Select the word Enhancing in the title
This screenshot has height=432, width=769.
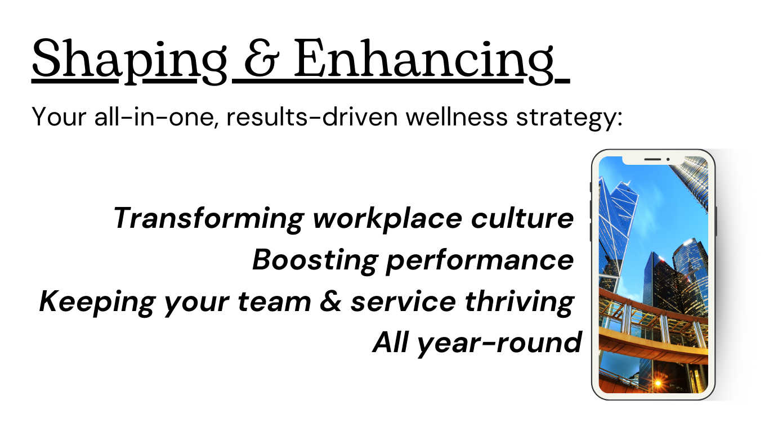coord(424,61)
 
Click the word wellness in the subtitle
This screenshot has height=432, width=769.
coord(456,117)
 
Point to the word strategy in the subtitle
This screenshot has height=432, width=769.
coord(569,119)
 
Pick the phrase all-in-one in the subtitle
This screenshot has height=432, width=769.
coord(156,117)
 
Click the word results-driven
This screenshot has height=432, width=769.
coord(312,117)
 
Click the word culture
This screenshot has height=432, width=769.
coord(522,218)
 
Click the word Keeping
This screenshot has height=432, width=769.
coord(97,302)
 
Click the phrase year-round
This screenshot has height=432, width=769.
coord(499,343)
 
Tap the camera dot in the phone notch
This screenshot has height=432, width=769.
coord(668,159)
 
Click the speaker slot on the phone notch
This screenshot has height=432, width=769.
coord(652,159)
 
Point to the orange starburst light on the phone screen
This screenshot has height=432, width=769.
coord(658,383)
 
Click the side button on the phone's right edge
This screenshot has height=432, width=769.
coord(716,221)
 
